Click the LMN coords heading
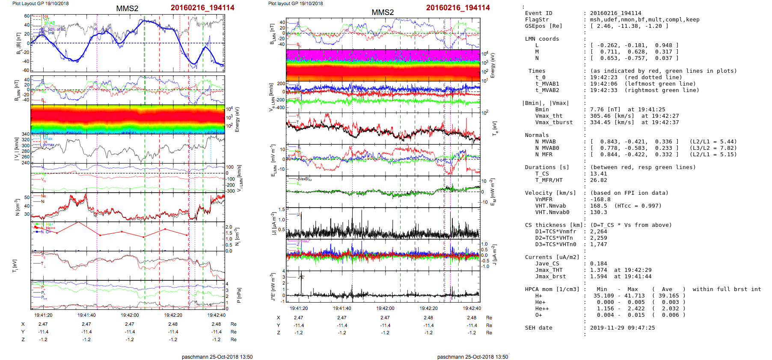(x=542, y=39)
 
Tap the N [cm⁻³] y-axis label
(x=18, y=207)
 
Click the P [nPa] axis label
(x=239, y=295)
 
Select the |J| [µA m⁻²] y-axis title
(x=273, y=223)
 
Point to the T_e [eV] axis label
(x=495, y=128)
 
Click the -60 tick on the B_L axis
(x=26, y=70)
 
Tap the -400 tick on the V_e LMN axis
(x=280, y=107)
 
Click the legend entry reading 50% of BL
(x=56, y=30)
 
